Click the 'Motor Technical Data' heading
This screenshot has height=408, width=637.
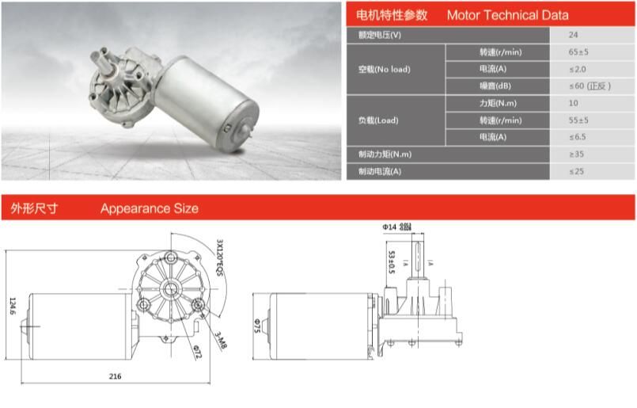pyautogui.click(x=507, y=15)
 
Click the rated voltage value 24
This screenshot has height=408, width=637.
pyautogui.click(x=573, y=35)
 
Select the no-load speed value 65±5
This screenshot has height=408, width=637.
pyautogui.click(x=578, y=52)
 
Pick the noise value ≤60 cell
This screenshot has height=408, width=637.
pyautogui.click(x=590, y=86)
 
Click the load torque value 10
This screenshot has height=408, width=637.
pyautogui.click(x=573, y=103)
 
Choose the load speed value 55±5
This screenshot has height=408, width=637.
pyautogui.click(x=578, y=120)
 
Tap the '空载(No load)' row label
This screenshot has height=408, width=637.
pyautogui.click(x=384, y=69)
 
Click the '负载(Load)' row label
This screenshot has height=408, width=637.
pyautogui.click(x=378, y=120)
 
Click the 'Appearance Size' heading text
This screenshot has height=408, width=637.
pyautogui.click(x=150, y=208)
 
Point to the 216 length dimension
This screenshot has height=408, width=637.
pyautogui.click(x=115, y=376)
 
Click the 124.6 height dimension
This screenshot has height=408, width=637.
pyautogui.click(x=11, y=305)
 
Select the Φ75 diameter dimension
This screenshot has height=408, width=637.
pyautogui.click(x=257, y=325)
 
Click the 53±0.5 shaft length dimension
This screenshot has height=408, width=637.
pyautogui.click(x=390, y=262)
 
